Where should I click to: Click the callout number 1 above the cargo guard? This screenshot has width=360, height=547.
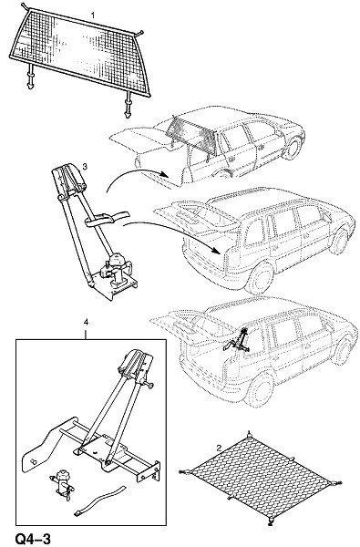[x=92, y=15]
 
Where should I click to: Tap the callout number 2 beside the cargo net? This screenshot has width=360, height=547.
[x=219, y=449]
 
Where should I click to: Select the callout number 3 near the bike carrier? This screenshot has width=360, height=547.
[x=85, y=167]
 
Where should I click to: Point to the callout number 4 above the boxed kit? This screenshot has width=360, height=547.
[x=86, y=323]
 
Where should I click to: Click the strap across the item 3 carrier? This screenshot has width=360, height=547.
[x=106, y=219]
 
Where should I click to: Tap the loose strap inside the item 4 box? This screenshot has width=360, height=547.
[x=99, y=500]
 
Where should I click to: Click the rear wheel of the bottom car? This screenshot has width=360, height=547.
[x=261, y=389]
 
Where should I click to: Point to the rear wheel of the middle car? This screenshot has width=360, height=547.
[x=261, y=278]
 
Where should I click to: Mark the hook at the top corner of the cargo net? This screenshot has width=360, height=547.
[x=249, y=435]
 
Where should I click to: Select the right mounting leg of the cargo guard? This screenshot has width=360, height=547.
[x=128, y=105]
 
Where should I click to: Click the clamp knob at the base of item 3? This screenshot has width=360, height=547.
[x=115, y=269]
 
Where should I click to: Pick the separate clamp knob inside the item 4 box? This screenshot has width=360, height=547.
[x=63, y=482]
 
